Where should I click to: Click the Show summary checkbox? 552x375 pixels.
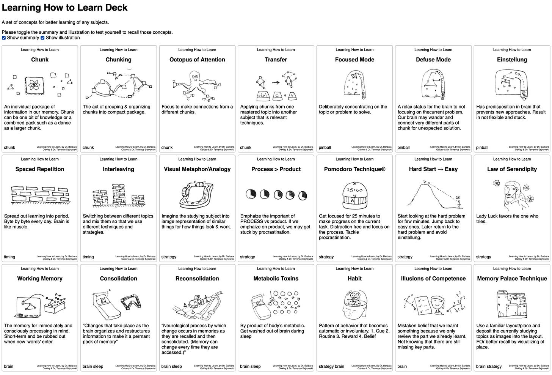pos(4,38)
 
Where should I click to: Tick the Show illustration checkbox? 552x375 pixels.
pos(42,38)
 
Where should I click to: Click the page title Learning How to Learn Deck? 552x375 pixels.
pos(65,8)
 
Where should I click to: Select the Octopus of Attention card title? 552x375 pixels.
pos(197,60)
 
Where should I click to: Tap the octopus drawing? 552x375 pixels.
pos(194,85)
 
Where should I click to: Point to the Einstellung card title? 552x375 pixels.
pos(512,60)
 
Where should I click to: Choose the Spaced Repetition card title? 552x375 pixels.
pos(40,169)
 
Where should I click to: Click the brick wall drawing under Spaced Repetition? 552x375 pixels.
pos(40,195)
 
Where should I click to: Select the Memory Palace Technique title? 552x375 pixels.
pos(512,279)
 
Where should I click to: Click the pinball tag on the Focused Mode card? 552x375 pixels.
pos(325,148)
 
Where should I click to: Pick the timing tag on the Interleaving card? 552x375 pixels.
pos(88,257)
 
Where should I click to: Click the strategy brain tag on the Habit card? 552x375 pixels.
pos(331,367)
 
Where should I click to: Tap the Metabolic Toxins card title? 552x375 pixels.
pos(276,279)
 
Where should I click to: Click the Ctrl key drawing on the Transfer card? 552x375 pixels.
pos(263,95)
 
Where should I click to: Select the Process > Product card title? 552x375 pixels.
pos(276,169)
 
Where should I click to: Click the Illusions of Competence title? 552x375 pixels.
pos(433,279)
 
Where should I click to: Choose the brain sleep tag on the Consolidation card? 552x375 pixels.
pos(93,367)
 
